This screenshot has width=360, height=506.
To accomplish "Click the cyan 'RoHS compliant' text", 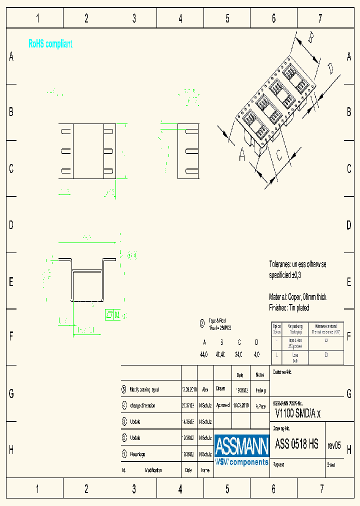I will [50, 44].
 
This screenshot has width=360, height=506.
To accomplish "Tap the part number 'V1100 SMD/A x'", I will [298, 413].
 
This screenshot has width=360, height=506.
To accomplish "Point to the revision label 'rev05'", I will [334, 445].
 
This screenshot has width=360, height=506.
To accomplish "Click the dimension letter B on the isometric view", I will [310, 37].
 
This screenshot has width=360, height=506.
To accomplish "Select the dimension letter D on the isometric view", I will [330, 68].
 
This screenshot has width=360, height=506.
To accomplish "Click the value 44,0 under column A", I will [204, 354].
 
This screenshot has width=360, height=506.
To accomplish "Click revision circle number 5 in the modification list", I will [124, 389].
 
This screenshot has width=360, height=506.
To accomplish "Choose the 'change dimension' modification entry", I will [142, 405].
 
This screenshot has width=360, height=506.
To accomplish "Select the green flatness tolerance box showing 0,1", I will [112, 314].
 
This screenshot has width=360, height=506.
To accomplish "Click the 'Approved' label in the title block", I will [223, 405].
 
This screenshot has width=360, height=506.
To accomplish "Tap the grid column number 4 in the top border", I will [180, 19].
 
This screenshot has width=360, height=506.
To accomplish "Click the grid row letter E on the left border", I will [11, 282].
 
